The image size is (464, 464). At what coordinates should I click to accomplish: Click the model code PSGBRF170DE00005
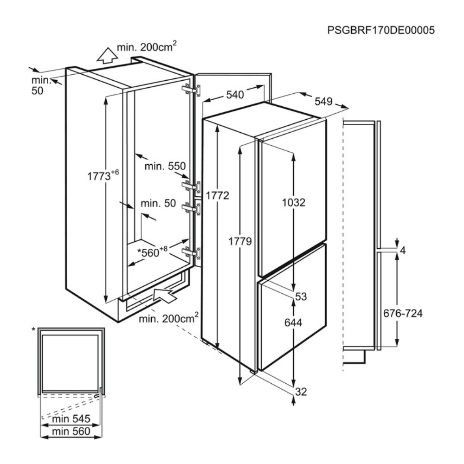[381, 30]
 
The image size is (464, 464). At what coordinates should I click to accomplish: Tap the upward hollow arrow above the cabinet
[108, 55]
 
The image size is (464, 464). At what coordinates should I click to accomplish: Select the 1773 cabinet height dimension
[103, 175]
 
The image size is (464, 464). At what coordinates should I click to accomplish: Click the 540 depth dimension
[235, 95]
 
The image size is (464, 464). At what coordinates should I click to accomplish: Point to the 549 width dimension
[323, 102]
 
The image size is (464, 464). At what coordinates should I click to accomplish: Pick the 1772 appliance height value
[217, 196]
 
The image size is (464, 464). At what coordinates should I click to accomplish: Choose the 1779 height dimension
[240, 241]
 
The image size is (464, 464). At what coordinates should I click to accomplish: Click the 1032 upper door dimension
[294, 203]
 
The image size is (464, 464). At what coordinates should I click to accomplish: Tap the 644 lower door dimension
[293, 322]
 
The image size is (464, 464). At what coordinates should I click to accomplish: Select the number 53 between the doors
[301, 296]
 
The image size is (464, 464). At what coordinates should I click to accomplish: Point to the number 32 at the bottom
[301, 392]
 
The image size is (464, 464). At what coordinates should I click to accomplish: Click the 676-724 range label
[403, 313]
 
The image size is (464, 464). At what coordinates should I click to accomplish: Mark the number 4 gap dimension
[402, 251]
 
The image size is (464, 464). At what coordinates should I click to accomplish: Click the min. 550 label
[165, 166]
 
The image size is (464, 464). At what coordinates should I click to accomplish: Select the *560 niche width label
[152, 252]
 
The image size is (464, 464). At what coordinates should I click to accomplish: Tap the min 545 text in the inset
[71, 419]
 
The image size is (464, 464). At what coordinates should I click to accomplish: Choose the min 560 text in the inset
[71, 432]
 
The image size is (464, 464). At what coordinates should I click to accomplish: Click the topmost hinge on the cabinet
[191, 90]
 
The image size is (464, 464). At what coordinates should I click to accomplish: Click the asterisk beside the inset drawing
[34, 329]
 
